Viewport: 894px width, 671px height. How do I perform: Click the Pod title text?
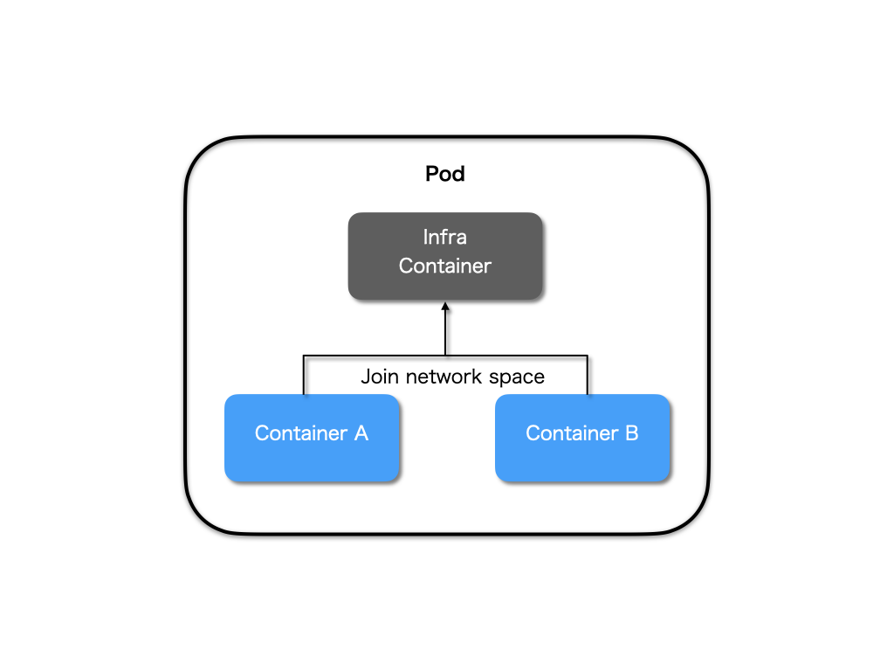coord(445,174)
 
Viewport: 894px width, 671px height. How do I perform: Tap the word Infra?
coord(445,237)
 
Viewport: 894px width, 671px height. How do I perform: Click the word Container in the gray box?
coord(445,266)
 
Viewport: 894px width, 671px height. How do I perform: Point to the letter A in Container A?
coord(361,433)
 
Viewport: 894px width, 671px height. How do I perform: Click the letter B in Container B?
coord(631,433)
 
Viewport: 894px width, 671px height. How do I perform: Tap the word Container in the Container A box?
coord(300,433)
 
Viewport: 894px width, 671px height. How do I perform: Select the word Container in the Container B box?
coord(571,433)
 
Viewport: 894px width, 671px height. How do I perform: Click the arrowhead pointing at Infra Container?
coord(445,308)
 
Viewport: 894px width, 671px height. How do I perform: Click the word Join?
coord(380,377)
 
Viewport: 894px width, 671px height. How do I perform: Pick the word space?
coord(521,377)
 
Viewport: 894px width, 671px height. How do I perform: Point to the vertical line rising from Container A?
coord(304,376)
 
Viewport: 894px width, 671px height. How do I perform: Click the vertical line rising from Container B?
coord(588,376)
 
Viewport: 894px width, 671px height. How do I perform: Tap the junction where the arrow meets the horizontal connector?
coord(445,356)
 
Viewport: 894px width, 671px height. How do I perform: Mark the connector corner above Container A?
coord(304,356)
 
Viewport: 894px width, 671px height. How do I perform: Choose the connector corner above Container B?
coord(588,356)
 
